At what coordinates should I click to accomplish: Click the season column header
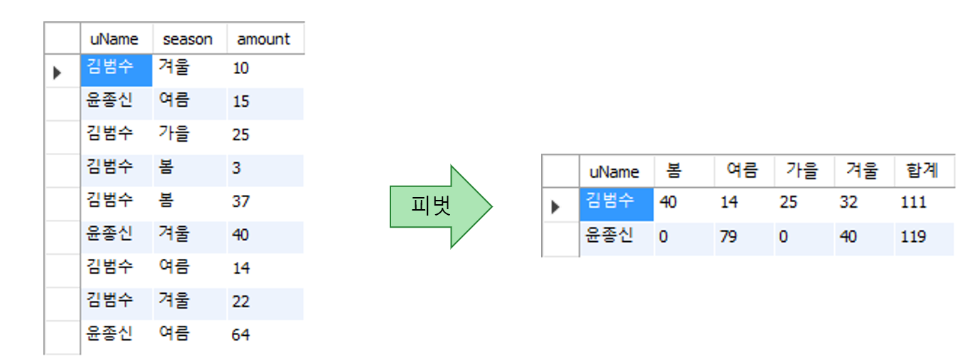point(188,39)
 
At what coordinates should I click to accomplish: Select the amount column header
point(264,39)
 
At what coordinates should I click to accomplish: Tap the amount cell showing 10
point(241,69)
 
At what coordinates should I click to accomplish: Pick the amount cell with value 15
point(241,102)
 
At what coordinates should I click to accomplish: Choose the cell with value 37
point(241,201)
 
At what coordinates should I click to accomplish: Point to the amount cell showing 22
point(241,302)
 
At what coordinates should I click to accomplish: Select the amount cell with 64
point(241,334)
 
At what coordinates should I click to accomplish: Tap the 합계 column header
point(922,171)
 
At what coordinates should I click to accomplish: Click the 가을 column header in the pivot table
point(801,171)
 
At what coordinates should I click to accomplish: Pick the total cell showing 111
point(913,203)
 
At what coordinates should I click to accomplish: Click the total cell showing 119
point(913,236)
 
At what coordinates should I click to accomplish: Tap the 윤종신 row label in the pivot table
point(610,236)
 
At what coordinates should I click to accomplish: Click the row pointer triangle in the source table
point(58,72)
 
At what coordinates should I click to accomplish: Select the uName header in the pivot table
point(614,171)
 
